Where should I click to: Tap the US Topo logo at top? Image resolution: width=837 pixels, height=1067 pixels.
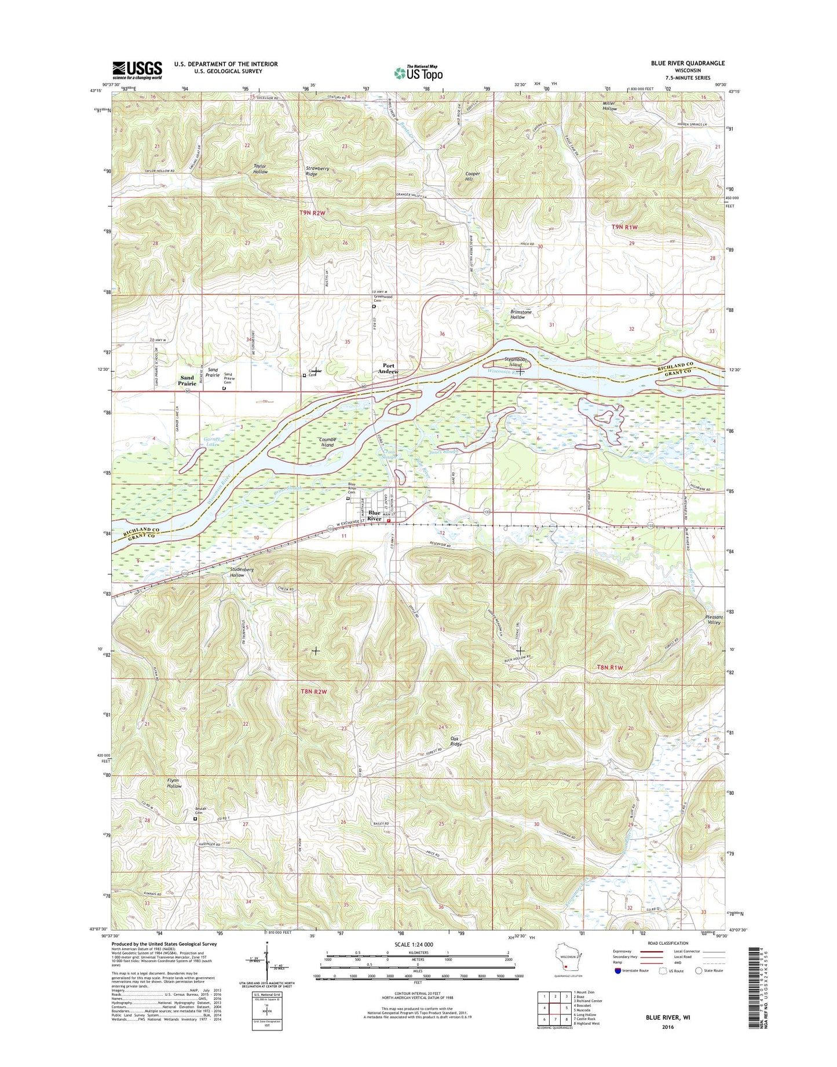418,73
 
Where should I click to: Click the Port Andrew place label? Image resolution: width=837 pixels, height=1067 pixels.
389,368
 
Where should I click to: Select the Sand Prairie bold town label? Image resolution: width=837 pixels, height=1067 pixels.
187,381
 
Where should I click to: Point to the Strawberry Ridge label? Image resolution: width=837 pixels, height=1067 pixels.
317,171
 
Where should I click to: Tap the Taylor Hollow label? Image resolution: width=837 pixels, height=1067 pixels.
260,169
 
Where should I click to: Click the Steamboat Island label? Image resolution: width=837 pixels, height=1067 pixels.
516,363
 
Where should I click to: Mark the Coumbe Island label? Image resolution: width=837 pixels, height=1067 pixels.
327,443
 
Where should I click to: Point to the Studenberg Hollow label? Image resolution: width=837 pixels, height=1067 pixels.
237,572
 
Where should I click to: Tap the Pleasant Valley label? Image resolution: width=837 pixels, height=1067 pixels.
714,619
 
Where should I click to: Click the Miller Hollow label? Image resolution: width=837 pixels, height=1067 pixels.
609,106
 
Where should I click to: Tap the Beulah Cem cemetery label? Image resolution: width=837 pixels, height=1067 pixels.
200,811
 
